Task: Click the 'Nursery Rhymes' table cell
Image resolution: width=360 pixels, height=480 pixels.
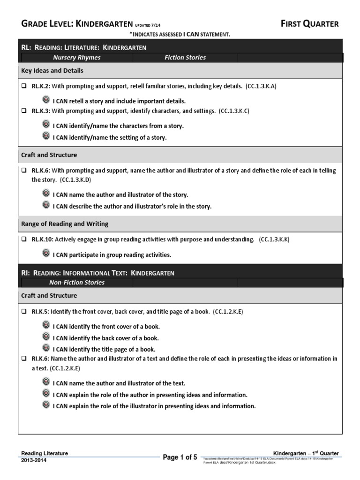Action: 76,58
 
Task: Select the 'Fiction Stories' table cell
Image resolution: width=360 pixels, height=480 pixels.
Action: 185,58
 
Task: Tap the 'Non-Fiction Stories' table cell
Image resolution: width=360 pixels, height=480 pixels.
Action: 76,283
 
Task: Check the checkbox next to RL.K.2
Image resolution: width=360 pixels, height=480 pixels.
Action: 24,87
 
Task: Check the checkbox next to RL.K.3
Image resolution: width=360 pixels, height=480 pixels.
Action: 24,111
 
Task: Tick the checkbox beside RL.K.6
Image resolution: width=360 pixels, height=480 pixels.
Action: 24,171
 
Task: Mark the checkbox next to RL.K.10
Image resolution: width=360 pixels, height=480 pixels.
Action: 24,239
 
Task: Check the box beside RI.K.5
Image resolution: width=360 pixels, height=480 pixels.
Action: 24,311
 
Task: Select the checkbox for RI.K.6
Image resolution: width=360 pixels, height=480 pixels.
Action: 24,359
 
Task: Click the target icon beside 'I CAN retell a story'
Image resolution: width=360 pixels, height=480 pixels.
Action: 46,100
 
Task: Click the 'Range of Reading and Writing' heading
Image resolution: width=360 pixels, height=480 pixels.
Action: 65,224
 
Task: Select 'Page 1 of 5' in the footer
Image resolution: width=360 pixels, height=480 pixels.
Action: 180,457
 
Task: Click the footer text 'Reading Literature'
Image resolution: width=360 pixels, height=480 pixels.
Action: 45,453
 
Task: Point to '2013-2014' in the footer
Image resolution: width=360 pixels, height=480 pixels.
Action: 34,460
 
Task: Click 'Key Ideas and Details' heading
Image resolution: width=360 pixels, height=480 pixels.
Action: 52,70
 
